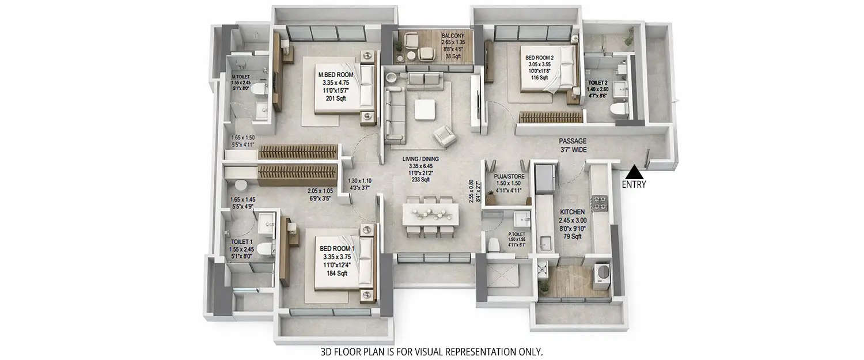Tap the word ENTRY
[x=634, y=185]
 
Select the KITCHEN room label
[x=571, y=212]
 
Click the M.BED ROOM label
[x=336, y=74]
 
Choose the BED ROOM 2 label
[x=539, y=58]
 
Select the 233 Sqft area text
[x=421, y=180]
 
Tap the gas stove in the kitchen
[x=601, y=202]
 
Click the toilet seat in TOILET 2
[x=622, y=109]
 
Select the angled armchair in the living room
[x=445, y=136]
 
